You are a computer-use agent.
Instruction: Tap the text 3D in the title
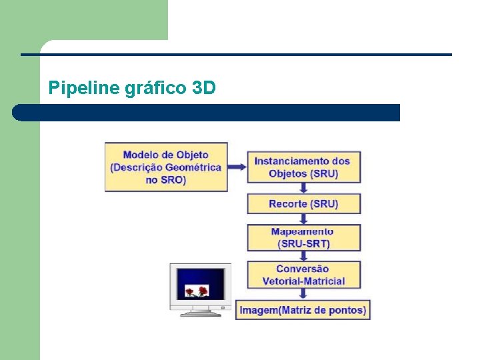pos(204,87)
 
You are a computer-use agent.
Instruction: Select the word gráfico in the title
pos(156,88)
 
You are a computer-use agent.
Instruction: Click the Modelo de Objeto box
pos(166,167)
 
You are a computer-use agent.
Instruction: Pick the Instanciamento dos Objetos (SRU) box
pos(304,167)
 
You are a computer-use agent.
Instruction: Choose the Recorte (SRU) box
pos(304,203)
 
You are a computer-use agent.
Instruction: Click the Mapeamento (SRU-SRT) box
pos(304,237)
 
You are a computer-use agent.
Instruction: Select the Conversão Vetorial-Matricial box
pos(304,275)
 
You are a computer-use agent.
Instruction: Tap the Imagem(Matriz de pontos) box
pos(303,310)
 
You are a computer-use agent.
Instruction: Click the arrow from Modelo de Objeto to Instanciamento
pos(237,167)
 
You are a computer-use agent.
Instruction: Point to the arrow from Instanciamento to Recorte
pos(304,188)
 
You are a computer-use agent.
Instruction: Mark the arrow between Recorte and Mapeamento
pos(304,219)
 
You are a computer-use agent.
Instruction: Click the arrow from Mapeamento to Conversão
pos(304,255)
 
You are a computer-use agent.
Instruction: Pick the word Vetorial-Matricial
pos(304,281)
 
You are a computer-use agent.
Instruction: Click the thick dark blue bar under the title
pos(207,112)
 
